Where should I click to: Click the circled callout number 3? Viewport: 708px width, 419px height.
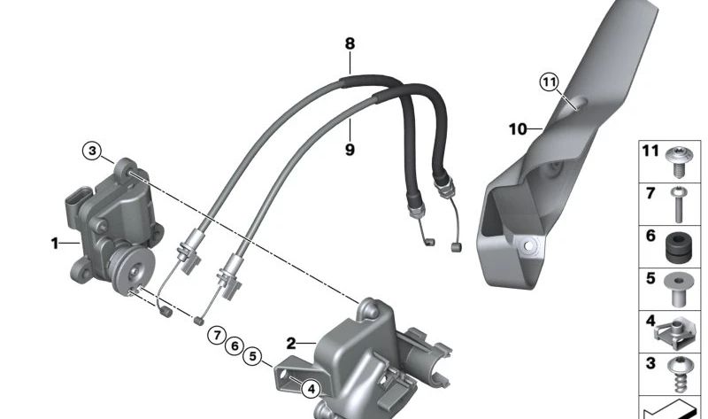pyautogui.click(x=93, y=151)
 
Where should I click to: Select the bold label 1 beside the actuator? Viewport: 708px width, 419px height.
pyautogui.click(x=56, y=242)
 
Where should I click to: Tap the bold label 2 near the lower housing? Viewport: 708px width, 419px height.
pyautogui.click(x=290, y=342)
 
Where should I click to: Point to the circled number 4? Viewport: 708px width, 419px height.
pyautogui.click(x=310, y=387)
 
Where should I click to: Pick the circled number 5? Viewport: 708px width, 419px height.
pyautogui.click(x=253, y=357)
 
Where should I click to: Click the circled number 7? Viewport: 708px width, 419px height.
pyautogui.click(x=215, y=335)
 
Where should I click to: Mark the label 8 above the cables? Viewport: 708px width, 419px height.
pyautogui.click(x=350, y=43)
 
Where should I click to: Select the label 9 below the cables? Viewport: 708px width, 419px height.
pyautogui.click(x=350, y=150)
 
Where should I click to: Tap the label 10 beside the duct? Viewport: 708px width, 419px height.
pyautogui.click(x=518, y=129)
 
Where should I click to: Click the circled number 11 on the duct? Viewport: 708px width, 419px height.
pyautogui.click(x=550, y=82)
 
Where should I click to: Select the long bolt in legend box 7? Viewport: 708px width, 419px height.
pyautogui.click(x=679, y=203)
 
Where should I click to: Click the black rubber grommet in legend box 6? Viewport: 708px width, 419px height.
pyautogui.click(x=679, y=244)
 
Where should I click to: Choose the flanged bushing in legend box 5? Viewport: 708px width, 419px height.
pyautogui.click(x=679, y=287)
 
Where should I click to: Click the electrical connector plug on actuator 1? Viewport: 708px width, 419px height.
pyautogui.click(x=76, y=204)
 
